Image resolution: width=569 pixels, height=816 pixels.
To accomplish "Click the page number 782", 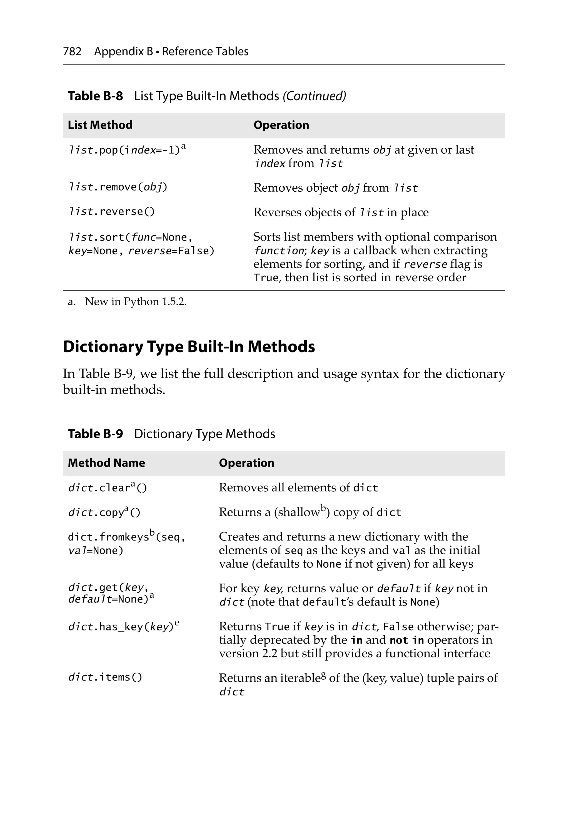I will pos(72,52).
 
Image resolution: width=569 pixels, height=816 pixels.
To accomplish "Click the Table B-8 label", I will pos(95,96).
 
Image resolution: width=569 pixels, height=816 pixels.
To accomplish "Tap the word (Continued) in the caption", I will pos(314,96).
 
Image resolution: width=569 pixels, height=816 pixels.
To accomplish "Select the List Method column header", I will pos(100,125).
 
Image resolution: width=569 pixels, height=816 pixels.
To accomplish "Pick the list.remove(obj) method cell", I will pos(117,187).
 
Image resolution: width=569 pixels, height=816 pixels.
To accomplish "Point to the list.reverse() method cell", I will pos(111,211).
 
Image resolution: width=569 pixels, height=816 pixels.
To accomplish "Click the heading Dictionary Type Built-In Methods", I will pos(189,347).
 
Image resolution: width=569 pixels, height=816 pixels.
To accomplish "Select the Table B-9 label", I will pos(95,434).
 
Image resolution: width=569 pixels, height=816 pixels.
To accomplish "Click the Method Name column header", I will pos(106,463).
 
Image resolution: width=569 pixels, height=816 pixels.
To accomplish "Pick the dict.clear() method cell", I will pos(107,488).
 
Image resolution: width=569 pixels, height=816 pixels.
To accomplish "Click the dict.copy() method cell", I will pos(104,512).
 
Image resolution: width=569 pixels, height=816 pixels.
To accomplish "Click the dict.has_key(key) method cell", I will pos(121,627).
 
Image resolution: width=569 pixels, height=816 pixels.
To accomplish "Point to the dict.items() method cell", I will pos(105,677).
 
